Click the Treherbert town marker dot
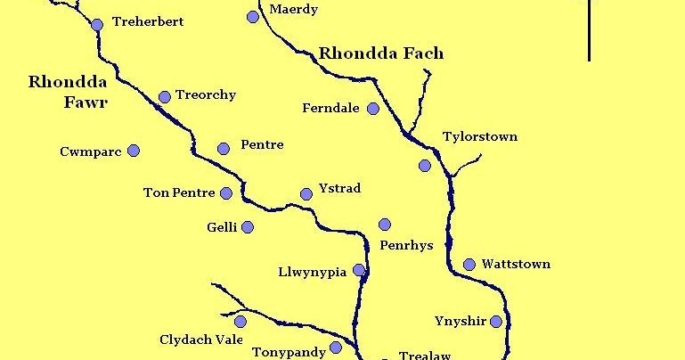(x=97, y=25)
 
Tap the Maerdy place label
(x=293, y=10)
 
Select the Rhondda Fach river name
(x=380, y=54)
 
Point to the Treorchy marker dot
(x=164, y=97)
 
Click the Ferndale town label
(x=330, y=109)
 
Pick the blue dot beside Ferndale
(x=373, y=109)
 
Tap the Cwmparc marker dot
(x=134, y=151)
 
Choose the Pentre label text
(x=262, y=144)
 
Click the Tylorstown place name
(x=479, y=137)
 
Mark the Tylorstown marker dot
(x=424, y=166)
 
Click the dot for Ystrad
(x=306, y=193)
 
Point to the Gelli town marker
(x=248, y=227)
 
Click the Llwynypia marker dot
(x=359, y=270)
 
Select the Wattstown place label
(x=516, y=265)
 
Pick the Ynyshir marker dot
(x=496, y=322)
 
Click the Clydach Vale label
(x=201, y=340)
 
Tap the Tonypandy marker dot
(x=335, y=348)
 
